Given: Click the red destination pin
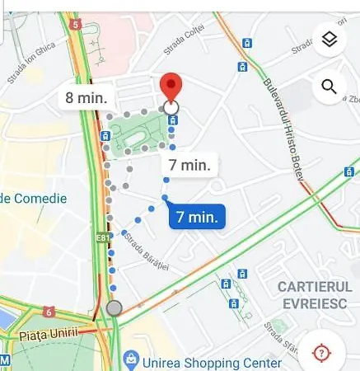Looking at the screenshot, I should (x=171, y=87).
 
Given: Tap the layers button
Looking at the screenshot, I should (x=329, y=40).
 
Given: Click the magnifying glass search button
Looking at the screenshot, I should (x=329, y=87).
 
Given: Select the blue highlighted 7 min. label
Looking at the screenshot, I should (x=198, y=217).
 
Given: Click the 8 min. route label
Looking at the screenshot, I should (x=87, y=98).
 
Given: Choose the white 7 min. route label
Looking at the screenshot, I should (x=189, y=163).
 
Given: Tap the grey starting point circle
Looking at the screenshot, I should (x=115, y=308).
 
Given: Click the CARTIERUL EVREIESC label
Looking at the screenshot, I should (x=316, y=294).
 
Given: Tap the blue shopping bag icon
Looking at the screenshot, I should (x=129, y=359).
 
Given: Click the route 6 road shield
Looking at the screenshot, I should (x=49, y=312).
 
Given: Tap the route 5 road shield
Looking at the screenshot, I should (x=76, y=25).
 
